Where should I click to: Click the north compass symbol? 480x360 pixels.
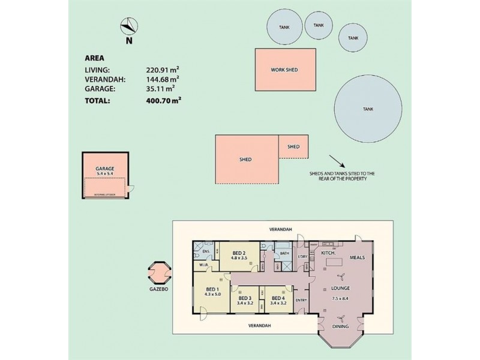pos(129,26)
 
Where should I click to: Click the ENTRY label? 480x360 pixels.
pos(301,301)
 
